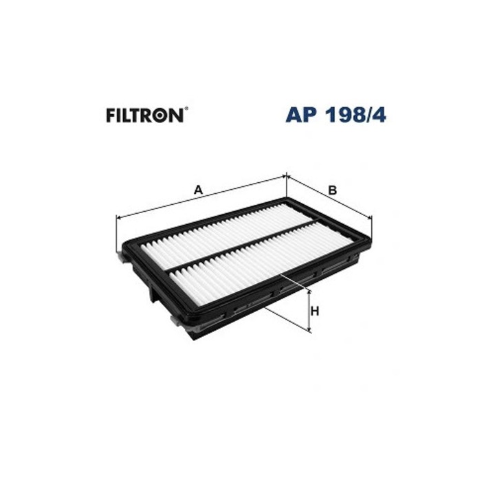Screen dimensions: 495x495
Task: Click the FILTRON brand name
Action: (144, 115)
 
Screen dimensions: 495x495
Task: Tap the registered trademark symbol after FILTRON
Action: (186, 109)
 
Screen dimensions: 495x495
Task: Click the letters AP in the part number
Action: (301, 115)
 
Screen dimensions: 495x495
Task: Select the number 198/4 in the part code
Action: (356, 115)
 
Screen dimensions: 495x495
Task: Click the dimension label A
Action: (198, 190)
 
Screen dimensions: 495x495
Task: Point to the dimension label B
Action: (333, 190)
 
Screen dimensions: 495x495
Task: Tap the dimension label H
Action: (315, 311)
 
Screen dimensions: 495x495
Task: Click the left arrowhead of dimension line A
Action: (119, 217)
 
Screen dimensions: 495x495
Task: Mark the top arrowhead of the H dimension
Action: (309, 292)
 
